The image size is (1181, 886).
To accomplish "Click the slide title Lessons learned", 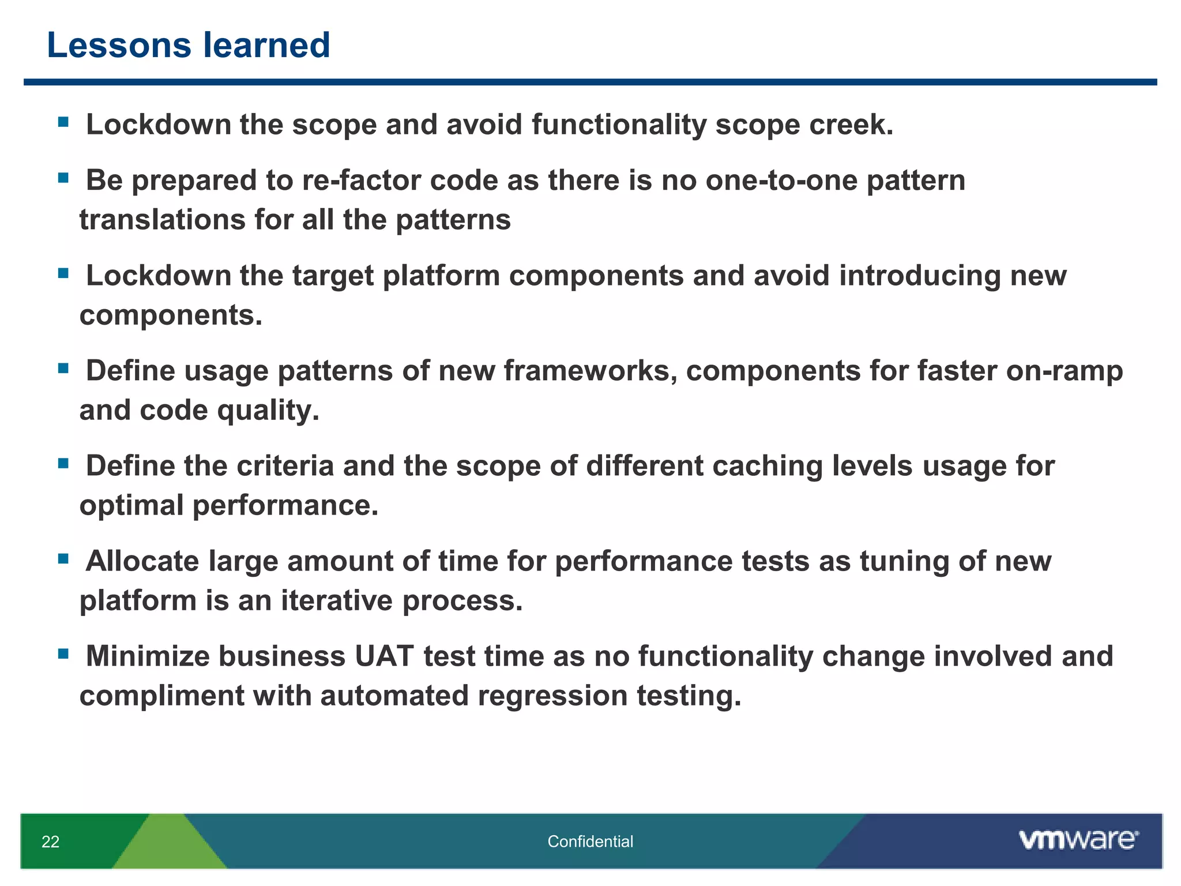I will pos(188,45).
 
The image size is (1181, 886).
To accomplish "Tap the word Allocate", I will pos(142,561).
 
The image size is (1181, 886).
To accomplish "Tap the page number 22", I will pos(51,842).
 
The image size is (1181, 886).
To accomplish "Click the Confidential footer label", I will pos(590,842).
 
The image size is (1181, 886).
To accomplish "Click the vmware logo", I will pos(1078,840).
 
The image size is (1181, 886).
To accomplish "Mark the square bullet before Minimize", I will pos(63,654).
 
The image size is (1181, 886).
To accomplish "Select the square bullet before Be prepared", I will pos(63,178).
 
